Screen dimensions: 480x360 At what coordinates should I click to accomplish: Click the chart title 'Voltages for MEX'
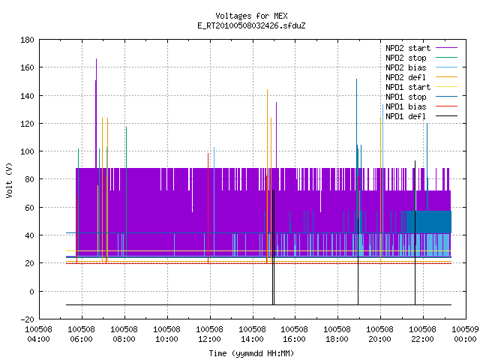click(251, 16)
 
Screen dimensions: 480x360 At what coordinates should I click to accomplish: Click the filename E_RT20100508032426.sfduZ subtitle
click(251, 25)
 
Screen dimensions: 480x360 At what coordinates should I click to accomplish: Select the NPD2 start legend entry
click(421, 48)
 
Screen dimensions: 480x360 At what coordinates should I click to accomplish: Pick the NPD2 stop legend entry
click(421, 58)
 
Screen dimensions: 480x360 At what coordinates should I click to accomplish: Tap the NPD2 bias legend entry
click(421, 67)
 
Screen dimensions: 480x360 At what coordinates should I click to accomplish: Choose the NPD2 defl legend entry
click(421, 77)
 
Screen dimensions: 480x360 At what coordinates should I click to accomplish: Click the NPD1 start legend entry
click(421, 87)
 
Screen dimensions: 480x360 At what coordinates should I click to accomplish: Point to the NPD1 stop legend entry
click(421, 97)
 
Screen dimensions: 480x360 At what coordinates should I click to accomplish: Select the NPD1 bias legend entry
click(421, 106)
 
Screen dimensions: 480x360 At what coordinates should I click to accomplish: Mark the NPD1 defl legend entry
click(421, 117)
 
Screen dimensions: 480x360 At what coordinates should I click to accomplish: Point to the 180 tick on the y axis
click(27, 40)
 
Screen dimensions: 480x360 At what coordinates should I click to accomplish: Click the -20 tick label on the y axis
click(27, 319)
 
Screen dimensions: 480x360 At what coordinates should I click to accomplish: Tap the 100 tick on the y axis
click(27, 151)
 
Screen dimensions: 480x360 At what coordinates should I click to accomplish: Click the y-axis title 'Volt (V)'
click(9, 180)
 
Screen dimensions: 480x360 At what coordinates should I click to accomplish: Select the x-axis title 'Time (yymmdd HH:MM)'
click(251, 353)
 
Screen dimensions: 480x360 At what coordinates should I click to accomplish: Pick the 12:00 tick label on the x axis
click(209, 334)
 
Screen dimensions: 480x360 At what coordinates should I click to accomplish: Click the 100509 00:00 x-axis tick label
click(465, 334)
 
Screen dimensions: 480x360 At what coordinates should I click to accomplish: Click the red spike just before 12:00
click(208, 208)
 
